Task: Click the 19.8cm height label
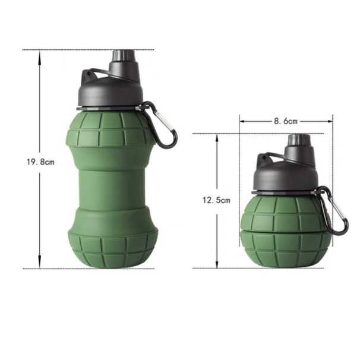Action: pos(40,162)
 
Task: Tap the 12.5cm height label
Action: pos(216,200)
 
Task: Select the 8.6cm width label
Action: pos(286,121)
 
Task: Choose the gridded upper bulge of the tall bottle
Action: pos(112,131)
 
